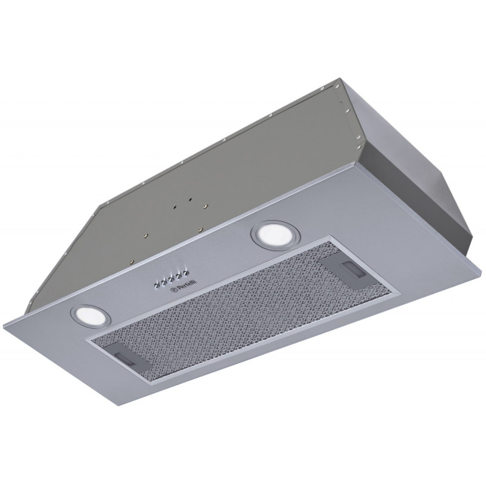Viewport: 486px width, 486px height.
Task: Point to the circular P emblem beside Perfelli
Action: tap(174, 291)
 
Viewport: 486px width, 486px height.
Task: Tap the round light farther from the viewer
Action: tap(276, 234)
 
